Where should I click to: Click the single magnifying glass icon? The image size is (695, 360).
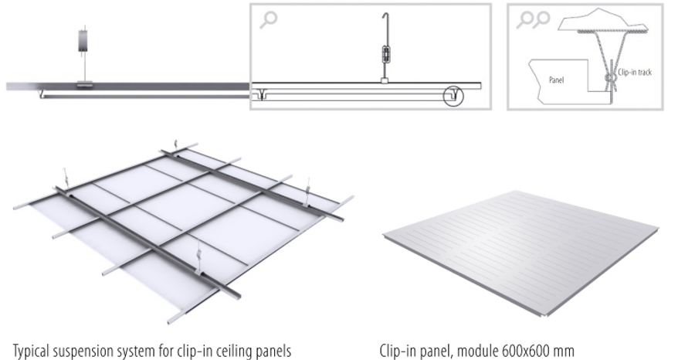(x=269, y=20)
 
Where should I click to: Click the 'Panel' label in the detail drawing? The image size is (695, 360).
(x=556, y=80)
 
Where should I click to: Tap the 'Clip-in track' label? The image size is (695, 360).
(x=635, y=72)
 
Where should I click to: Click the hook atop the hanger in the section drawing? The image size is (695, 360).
(x=385, y=18)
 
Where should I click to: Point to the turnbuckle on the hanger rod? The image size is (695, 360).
(x=385, y=55)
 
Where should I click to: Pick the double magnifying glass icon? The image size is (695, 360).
(x=534, y=20)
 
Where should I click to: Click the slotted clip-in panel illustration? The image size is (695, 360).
(x=520, y=253)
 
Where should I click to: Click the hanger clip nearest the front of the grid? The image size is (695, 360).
(x=199, y=260)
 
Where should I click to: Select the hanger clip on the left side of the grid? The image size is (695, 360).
(x=66, y=179)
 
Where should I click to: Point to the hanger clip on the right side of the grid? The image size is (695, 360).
(x=307, y=192)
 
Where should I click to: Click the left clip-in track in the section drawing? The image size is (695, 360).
(x=262, y=95)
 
